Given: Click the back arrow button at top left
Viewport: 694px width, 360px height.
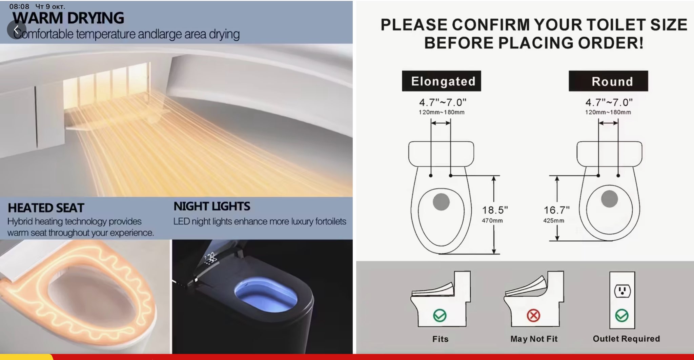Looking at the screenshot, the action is pos(16,30).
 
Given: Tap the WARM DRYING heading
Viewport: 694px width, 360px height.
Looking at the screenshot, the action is pos(68,18).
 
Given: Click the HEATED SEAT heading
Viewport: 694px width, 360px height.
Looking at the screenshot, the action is pos(46,208).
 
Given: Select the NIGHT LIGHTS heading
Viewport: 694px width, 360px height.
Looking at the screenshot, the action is pos(212,206).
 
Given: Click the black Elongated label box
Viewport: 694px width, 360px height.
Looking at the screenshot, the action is pos(442,81).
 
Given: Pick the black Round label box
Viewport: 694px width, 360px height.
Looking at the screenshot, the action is pos(608,81).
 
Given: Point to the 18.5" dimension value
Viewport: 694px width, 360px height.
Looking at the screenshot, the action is pos(495,210).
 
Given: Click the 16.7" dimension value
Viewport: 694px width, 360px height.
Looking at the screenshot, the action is pos(556,210).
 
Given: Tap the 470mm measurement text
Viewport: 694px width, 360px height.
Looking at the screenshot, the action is pos(492,221).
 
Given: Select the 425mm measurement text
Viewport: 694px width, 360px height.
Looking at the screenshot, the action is pos(554,221).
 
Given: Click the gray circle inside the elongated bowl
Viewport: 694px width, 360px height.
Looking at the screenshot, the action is pos(441,202).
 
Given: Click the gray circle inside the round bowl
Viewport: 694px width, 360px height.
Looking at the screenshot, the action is pos(609,199).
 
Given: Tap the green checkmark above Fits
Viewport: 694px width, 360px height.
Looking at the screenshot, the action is pos(440,316).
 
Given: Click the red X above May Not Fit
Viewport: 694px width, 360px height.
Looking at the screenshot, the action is pos(533,316).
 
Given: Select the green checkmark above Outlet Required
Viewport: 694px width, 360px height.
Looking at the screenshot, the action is pos(622,316).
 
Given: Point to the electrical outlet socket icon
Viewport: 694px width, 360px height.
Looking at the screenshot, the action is pos(622,291).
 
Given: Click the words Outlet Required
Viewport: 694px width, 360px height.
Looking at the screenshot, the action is pos(626,339).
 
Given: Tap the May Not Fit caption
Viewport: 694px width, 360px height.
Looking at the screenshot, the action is pos(534,339).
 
